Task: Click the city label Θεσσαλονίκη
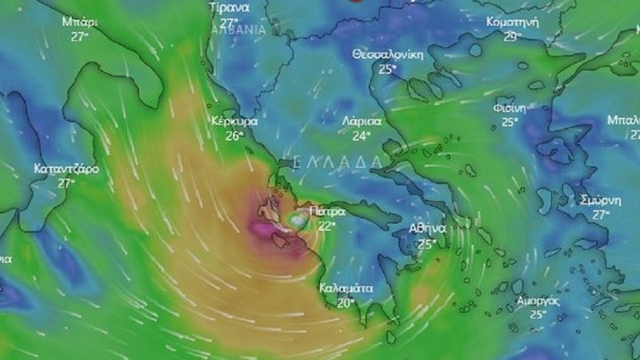click(x=388, y=54)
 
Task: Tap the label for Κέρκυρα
click(x=235, y=121)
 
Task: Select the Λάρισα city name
click(x=362, y=122)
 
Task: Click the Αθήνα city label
click(x=428, y=229)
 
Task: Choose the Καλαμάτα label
click(x=348, y=289)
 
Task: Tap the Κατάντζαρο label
click(x=66, y=168)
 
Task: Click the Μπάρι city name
click(x=81, y=20)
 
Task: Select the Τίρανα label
click(x=229, y=7)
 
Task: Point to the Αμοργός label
click(x=538, y=300)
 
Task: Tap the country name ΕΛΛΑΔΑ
click(x=339, y=163)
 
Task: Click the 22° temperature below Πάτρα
click(x=327, y=227)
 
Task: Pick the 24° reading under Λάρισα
click(x=361, y=137)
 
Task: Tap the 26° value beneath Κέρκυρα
click(x=234, y=136)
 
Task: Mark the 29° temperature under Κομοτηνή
click(x=511, y=36)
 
